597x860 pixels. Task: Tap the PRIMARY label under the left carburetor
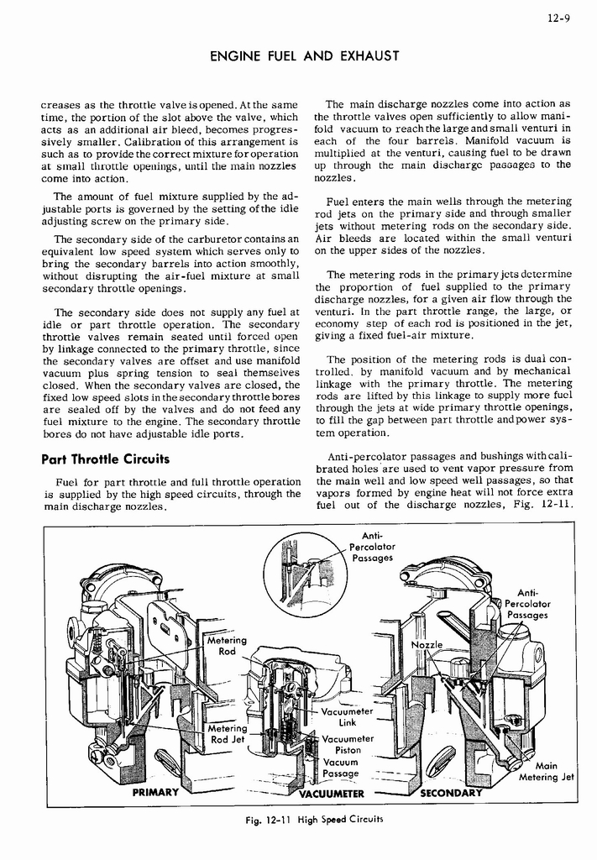click(155, 793)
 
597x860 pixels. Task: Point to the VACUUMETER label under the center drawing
click(332, 794)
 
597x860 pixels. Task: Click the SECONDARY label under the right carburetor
click(451, 793)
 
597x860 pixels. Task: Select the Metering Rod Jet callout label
click(228, 734)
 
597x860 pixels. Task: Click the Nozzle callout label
click(427, 644)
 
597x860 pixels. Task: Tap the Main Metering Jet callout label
click(545, 771)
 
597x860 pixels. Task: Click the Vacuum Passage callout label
click(340, 768)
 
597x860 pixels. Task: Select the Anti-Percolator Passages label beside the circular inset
click(372, 547)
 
